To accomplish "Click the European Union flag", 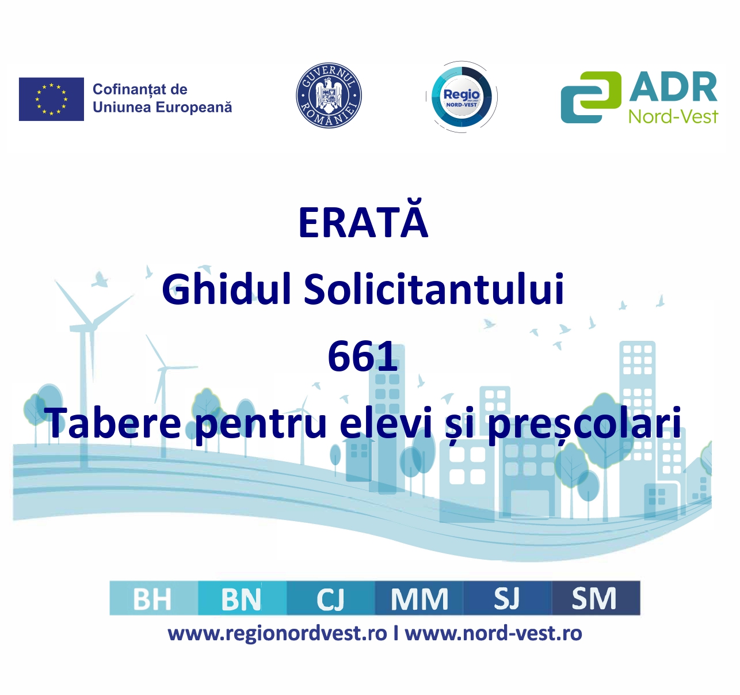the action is coord(51,99).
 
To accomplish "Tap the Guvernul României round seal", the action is coord(329,96).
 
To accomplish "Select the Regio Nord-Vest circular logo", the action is coord(461,97).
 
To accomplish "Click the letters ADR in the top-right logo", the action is coord(673,88).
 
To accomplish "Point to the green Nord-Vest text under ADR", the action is coord(673,117).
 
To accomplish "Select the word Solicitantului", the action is coord(433,289).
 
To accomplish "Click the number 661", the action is coord(362,356).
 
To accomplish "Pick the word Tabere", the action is coord(115,423).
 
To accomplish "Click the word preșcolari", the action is coord(584,425).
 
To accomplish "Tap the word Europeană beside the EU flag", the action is coord(194,107).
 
